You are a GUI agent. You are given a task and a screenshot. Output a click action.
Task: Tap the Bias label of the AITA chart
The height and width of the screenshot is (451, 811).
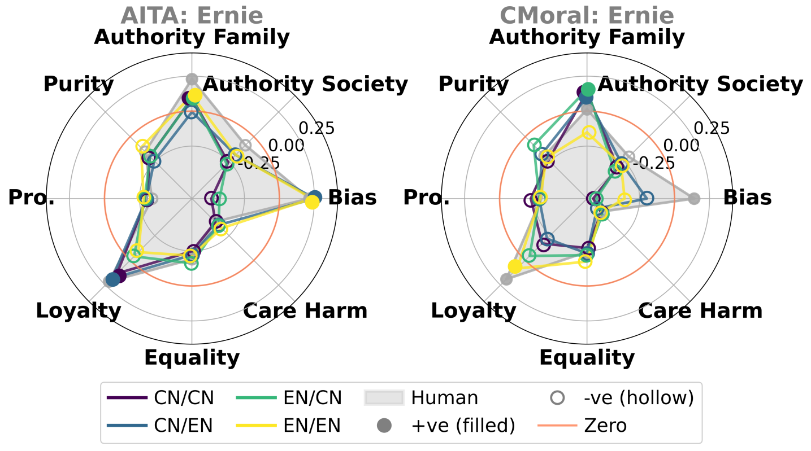352,198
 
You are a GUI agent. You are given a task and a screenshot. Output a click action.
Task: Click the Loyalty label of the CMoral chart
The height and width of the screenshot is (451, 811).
474,310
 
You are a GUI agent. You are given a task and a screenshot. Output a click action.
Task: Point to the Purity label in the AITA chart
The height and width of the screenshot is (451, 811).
79,84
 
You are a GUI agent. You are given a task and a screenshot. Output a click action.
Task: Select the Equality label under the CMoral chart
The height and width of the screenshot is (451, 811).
587,357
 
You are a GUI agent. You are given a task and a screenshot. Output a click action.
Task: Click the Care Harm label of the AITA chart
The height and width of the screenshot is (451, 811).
305,310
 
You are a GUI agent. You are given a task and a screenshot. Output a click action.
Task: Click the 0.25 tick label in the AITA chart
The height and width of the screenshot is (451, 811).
316,128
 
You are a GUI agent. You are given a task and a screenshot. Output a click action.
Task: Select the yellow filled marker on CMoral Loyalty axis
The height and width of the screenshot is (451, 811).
514,266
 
